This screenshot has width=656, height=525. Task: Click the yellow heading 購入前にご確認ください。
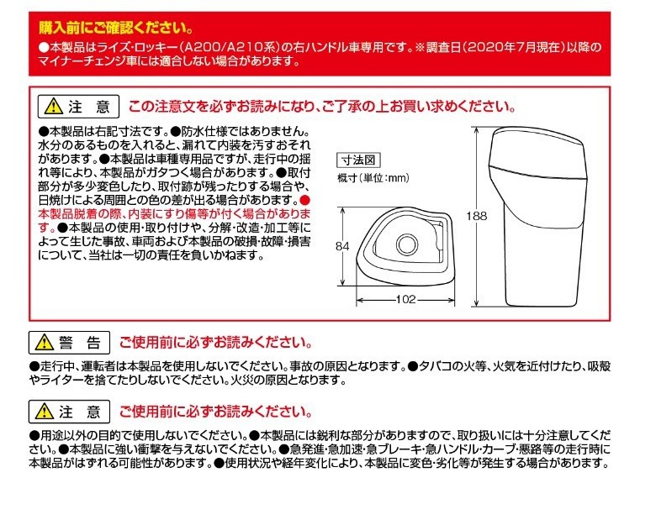(116, 28)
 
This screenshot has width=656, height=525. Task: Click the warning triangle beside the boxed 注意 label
(54, 107)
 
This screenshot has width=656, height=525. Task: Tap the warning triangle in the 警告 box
(45, 343)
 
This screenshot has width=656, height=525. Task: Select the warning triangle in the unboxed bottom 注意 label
(45, 412)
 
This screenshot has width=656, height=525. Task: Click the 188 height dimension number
(477, 216)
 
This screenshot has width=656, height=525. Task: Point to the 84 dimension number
(342, 247)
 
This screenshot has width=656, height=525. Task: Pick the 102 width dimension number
(405, 299)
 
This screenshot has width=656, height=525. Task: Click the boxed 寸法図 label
(358, 160)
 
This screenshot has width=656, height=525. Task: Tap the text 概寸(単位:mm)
(373, 178)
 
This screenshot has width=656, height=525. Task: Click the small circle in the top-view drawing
(406, 244)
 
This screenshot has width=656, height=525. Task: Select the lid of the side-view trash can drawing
(538, 153)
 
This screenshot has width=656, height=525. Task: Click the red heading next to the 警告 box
(215, 343)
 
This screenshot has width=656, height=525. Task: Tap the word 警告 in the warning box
(80, 343)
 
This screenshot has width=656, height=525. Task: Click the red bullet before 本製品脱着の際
(306, 200)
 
